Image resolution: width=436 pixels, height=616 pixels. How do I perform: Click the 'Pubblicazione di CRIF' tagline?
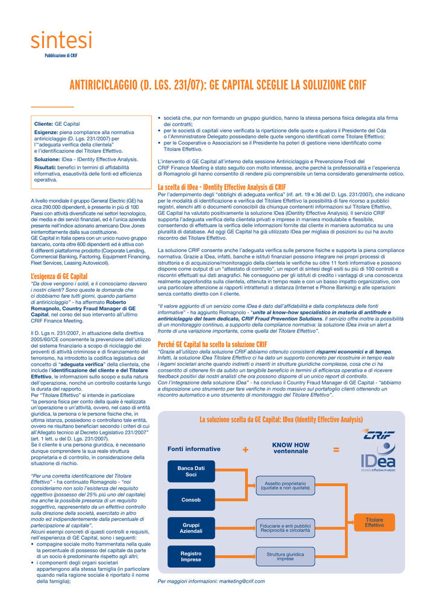click(61, 55)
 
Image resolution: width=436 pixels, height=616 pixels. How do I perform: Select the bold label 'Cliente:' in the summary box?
click(44, 123)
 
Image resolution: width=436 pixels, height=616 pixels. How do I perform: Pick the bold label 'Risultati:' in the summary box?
click(45, 168)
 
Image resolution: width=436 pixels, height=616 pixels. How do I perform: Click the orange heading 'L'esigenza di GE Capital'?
click(59, 276)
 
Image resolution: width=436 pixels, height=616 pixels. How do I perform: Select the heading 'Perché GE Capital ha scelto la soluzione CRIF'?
click(212, 344)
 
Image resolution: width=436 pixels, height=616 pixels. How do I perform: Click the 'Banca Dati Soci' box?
click(191, 471)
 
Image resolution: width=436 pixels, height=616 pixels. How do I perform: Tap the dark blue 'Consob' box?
click(191, 500)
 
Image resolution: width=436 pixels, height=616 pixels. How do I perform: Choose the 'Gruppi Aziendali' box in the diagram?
click(191, 529)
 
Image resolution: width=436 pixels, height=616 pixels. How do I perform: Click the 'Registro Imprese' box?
click(191, 556)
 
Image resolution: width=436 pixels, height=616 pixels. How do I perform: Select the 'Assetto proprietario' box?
click(285, 486)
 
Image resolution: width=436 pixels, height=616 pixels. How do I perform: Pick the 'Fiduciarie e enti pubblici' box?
click(285, 528)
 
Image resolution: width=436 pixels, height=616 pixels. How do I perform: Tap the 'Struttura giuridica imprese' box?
click(285, 556)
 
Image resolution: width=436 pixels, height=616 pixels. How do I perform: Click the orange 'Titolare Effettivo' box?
click(374, 522)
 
